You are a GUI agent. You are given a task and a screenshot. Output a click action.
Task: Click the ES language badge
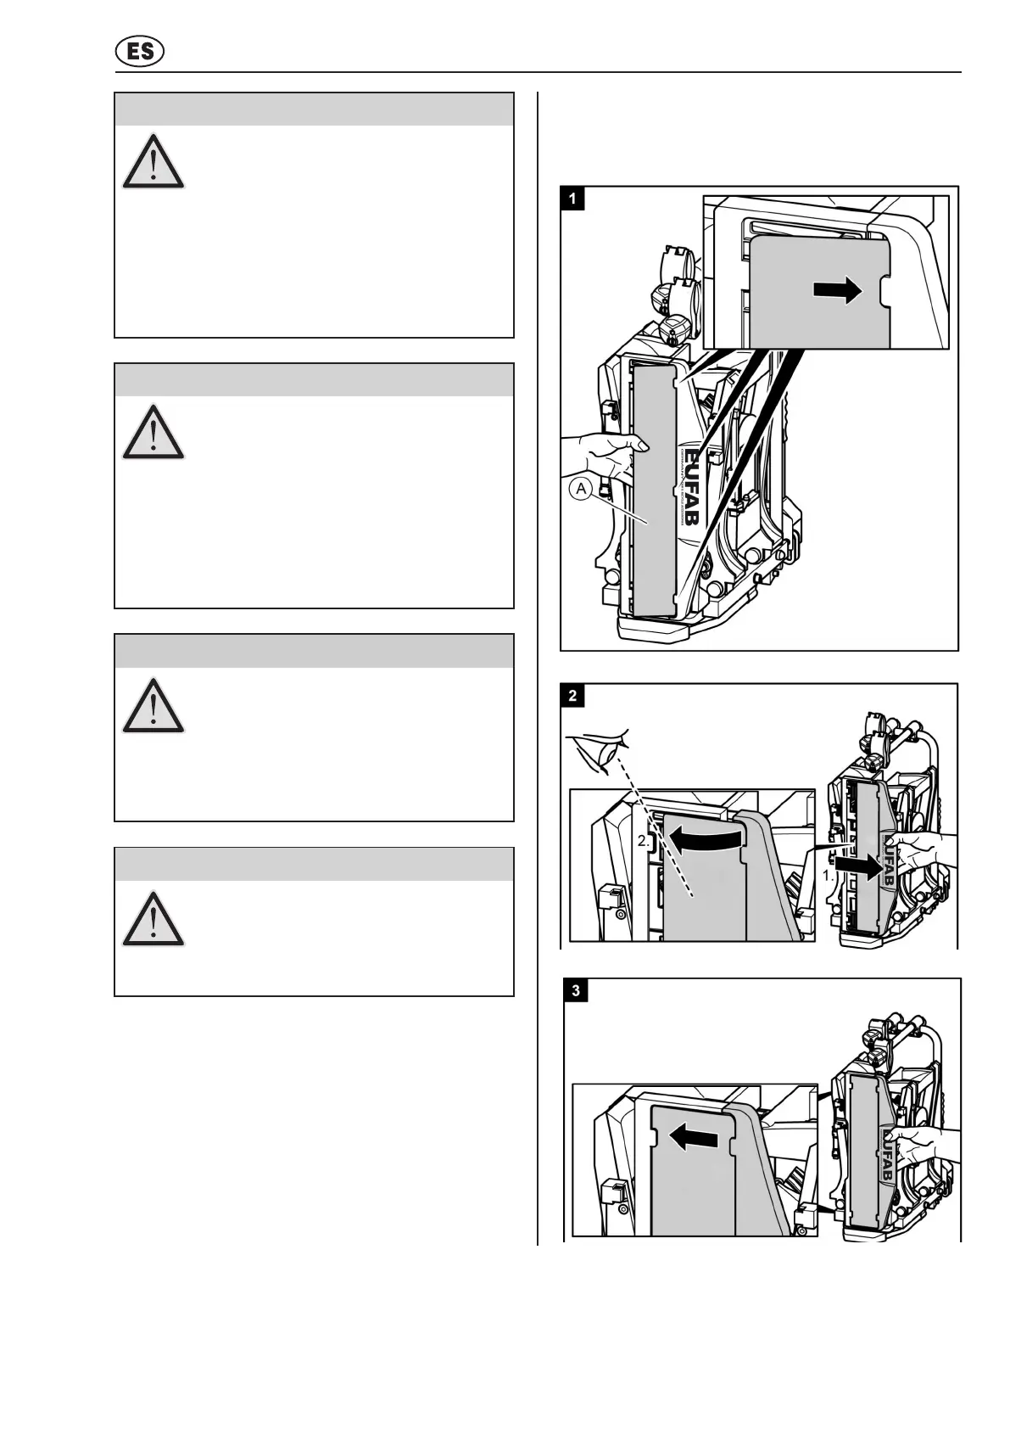point(140,53)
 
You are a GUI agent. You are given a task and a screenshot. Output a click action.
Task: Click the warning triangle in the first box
point(153,161)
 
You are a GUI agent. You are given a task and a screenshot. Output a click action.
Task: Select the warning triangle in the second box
point(153,432)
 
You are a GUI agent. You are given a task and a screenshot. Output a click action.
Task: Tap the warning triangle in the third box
point(153,706)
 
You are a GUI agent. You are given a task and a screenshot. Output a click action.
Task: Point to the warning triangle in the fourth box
point(153,919)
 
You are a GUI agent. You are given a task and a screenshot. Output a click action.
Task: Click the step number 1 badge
point(573,199)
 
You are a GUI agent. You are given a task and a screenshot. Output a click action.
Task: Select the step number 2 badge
point(573,696)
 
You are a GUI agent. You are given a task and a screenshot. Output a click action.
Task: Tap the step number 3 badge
point(578,991)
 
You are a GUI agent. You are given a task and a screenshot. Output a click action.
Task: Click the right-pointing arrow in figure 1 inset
point(837,291)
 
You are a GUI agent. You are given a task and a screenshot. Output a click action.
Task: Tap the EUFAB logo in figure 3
point(894,1154)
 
